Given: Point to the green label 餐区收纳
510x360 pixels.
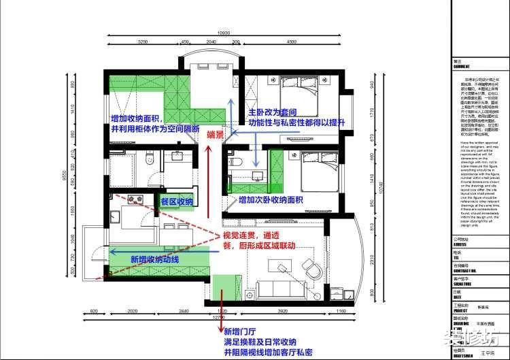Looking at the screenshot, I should tap(177, 202).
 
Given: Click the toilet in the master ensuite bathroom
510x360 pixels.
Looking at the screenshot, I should tap(236, 162).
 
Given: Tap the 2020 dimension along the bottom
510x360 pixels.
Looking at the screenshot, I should tap(134, 312).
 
